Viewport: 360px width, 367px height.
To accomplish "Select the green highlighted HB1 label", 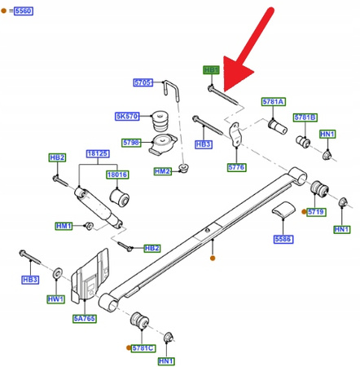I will coord(212,70).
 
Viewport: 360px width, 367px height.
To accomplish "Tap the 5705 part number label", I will coord(144,82).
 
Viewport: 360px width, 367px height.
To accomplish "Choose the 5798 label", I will coord(131,142).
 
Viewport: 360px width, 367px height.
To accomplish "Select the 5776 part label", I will coord(236,168).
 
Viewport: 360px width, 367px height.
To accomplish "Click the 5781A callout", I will coord(274,101).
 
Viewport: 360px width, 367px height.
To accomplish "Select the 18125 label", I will coord(98,153).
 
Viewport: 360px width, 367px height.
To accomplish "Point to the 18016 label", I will coord(118,174).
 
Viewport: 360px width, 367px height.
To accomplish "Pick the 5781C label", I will coord(143,347).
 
